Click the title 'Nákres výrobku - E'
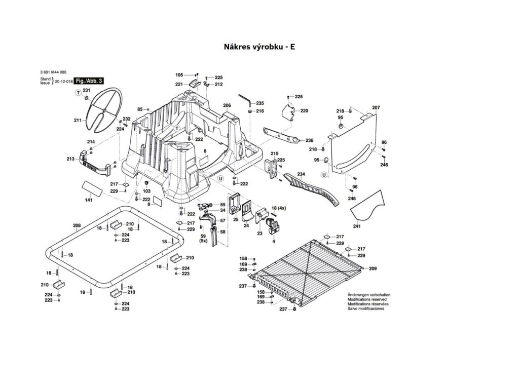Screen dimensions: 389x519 click(x=259, y=47)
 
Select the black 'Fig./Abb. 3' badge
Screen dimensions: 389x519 click(x=89, y=81)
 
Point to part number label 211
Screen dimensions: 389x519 click(x=77, y=121)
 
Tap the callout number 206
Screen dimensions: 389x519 click(x=227, y=106)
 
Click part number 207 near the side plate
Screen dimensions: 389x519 click(x=376, y=107)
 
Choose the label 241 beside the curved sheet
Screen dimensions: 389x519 click(x=357, y=226)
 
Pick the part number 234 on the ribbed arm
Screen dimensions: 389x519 click(x=301, y=174)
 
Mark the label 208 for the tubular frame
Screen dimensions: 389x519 click(x=77, y=225)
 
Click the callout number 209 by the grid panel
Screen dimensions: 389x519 click(x=373, y=268)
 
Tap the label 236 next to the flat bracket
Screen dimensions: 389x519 click(x=310, y=140)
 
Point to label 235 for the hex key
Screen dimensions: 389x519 click(x=260, y=103)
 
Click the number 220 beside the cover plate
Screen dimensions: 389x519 click(x=304, y=110)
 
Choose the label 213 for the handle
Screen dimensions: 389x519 click(x=70, y=159)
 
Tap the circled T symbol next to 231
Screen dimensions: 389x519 click(x=78, y=93)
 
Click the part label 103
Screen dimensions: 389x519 click(x=147, y=191)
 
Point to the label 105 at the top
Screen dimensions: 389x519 click(x=179, y=75)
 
